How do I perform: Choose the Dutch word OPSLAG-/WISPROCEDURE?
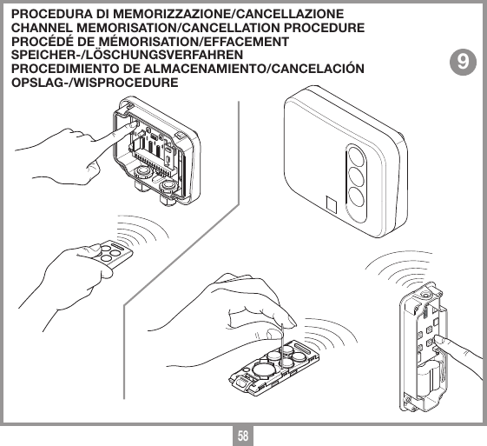(95, 82)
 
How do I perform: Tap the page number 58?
(244, 432)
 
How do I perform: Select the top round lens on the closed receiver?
(357, 160)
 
